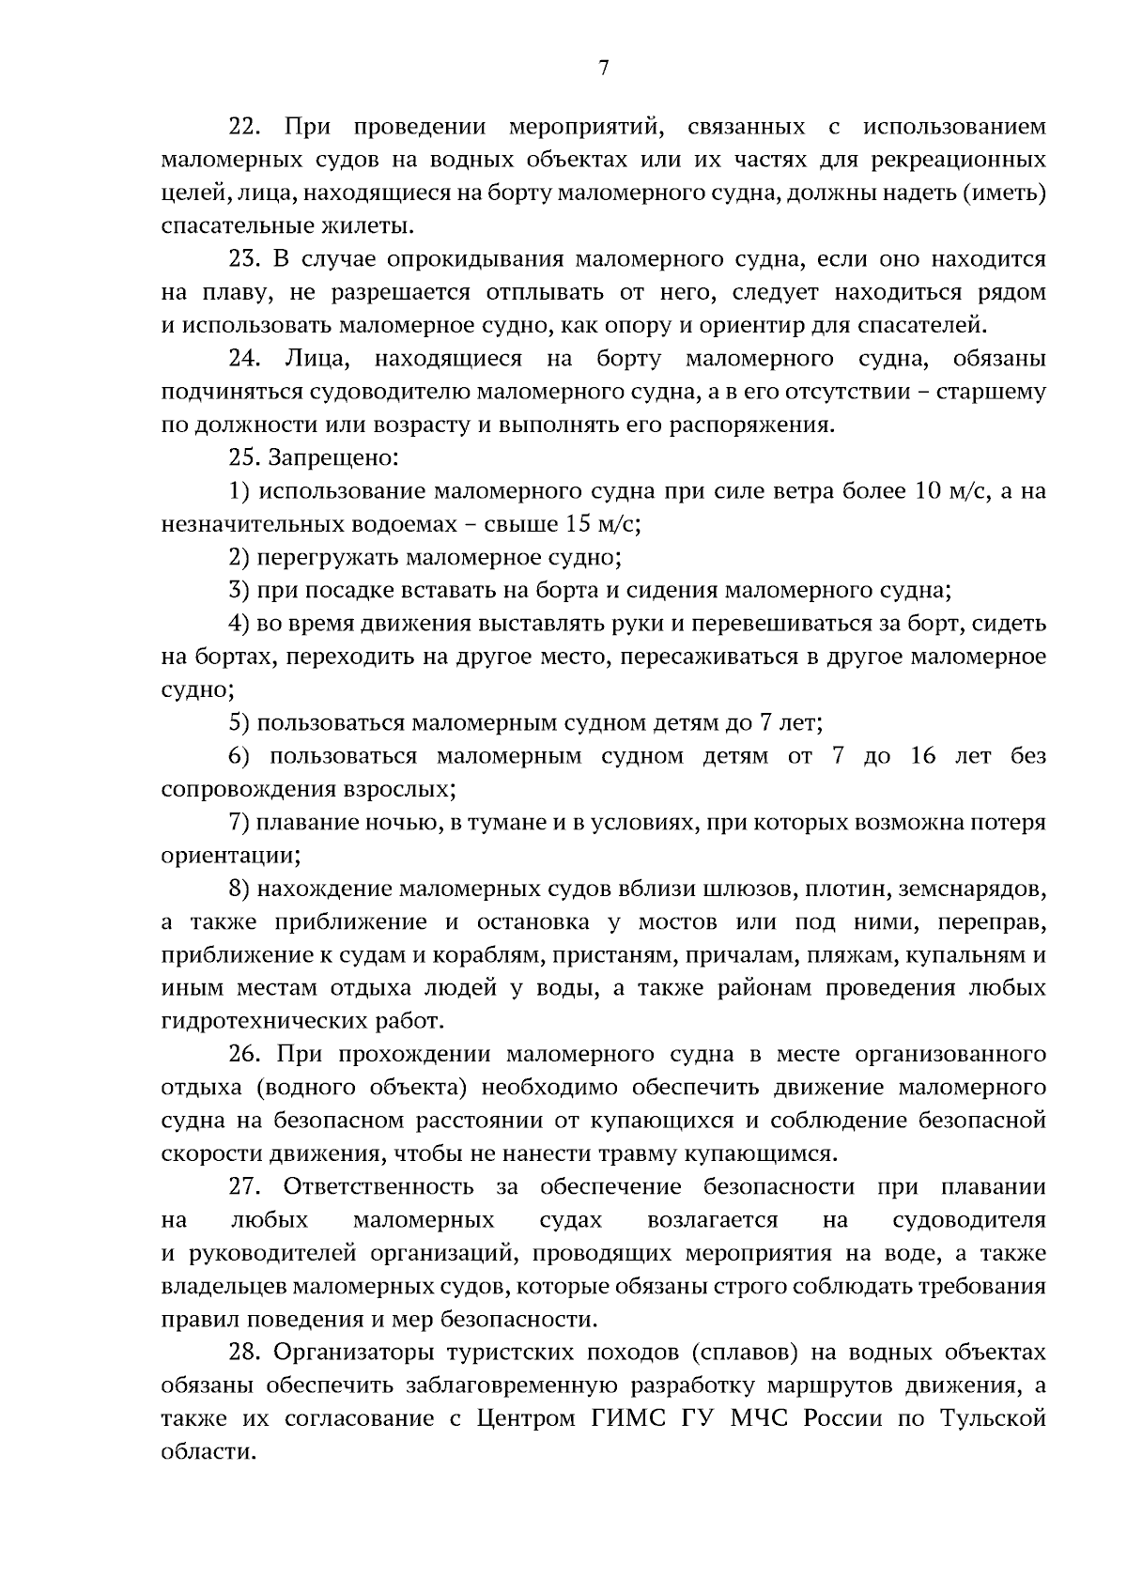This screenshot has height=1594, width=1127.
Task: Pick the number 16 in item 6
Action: (924, 756)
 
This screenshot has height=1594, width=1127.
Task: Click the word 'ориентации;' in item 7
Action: (231, 857)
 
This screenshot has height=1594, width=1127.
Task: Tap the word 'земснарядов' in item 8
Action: (972, 889)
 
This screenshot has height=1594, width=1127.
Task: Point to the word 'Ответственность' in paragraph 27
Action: (379, 1187)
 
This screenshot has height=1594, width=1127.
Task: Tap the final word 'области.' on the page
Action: (208, 1452)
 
